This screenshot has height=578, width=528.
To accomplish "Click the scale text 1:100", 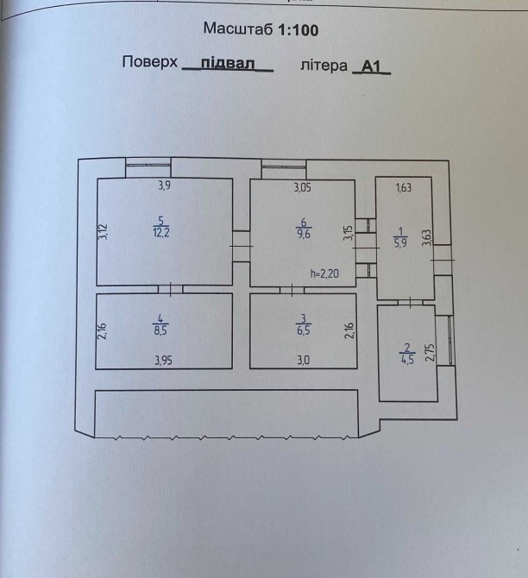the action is pos(298,29).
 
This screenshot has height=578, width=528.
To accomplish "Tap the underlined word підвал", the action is pos(228,63).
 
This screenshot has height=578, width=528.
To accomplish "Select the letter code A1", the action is pos(371,66).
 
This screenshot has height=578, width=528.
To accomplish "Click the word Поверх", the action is pos(150,62).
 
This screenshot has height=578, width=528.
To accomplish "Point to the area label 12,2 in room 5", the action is pos(161,233).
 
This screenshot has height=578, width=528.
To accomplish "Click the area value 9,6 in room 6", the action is pos(304,234).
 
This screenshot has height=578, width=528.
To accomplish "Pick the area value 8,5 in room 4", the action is pos(160,330).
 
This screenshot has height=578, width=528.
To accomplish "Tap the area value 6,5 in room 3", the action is pos(304,330).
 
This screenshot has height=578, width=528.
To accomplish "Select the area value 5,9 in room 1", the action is pos(400,243).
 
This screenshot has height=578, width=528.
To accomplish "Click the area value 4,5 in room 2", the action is pos(407,359).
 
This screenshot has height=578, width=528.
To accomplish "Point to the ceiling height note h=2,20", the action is pos(324,273).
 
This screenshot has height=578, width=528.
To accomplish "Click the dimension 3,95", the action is pos(163,360).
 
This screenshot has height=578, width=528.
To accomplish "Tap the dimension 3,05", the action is pos(302,187).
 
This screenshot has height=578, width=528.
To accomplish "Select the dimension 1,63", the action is pos(404,187).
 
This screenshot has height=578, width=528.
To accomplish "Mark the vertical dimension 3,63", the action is pos(426,238).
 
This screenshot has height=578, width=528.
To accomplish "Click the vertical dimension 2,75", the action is pos(430,352).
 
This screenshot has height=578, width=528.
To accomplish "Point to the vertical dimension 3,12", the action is pos(103,232).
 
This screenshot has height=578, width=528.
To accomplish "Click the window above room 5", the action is pos(148,166).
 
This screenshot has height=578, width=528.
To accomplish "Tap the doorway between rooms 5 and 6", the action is pos(242,246).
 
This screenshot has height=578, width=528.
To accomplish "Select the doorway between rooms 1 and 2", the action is pos(411,303).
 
